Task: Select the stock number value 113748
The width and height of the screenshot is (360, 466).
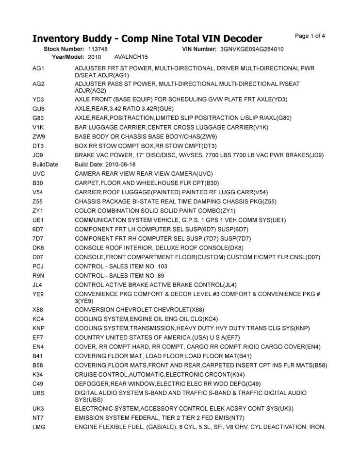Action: pyautogui.click(x=98, y=50)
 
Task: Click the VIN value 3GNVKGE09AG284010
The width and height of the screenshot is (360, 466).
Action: pyautogui.click(x=252, y=50)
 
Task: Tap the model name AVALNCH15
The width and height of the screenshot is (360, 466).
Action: pyautogui.click(x=131, y=57)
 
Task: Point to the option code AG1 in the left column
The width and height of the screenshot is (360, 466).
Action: pyautogui.click(x=38, y=69)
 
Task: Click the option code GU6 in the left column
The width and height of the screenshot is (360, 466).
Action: pyautogui.click(x=39, y=109)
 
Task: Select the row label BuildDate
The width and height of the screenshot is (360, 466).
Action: pyautogui.click(x=45, y=164)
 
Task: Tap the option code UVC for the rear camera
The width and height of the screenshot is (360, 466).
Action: pyautogui.click(x=39, y=173)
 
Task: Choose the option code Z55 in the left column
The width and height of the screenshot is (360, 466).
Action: pyautogui.click(x=38, y=201)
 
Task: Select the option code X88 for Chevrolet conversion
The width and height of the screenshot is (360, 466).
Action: pyautogui.click(x=38, y=309)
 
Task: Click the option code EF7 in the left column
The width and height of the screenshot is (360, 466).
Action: pyautogui.click(x=38, y=337)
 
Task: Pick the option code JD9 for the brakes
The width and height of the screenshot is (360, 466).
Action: pyautogui.click(x=38, y=155)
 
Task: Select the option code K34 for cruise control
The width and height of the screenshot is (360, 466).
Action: pyautogui.click(x=38, y=374)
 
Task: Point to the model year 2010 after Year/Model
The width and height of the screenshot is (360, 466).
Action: pyautogui.click(x=95, y=57)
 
